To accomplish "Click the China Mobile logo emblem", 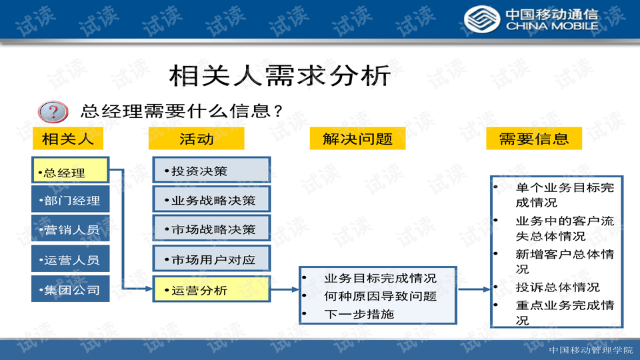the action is [481, 19].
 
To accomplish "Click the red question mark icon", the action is [53, 112].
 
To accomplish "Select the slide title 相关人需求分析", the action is [280, 75].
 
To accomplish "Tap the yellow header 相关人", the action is [68, 139].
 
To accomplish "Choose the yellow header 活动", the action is [196, 139].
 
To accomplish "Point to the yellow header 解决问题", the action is [357, 139].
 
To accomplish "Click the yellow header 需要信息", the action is [534, 139].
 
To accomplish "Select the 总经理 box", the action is [70, 170].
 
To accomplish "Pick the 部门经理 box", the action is [70, 199].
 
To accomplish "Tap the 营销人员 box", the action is [70, 229].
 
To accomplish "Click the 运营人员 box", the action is [70, 259].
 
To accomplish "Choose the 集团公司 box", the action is [70, 289].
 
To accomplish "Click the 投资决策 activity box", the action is [211, 170].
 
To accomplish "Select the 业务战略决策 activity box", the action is [211, 199].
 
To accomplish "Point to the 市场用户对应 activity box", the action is [211, 259].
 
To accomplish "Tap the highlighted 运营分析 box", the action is [211, 289].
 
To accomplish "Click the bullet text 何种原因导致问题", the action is [381, 296].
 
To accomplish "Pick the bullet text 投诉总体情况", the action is [557, 287].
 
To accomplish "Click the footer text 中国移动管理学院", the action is [591, 350].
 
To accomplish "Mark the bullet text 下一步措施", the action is [359, 314].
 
